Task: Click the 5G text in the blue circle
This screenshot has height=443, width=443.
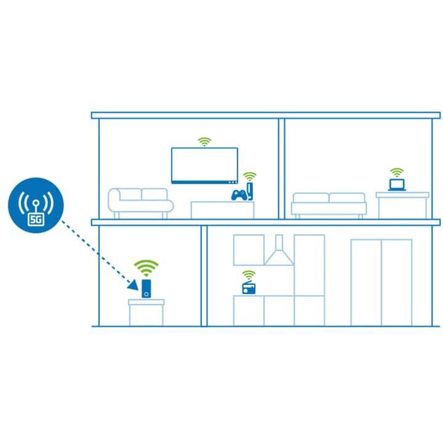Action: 36,220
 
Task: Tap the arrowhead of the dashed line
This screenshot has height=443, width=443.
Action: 134,285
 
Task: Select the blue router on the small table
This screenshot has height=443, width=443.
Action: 146,289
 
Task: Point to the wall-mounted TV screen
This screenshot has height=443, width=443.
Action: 204,166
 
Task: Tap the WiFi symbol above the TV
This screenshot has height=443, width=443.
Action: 204,142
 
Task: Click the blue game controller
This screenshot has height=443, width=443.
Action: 239,195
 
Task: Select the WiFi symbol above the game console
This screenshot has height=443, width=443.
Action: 249,177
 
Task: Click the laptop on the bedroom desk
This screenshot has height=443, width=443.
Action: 397,185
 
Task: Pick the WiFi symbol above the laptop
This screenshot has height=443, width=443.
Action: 397,172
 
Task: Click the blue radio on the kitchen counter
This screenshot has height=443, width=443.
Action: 249,287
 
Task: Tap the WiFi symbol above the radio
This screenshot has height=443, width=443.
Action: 249,275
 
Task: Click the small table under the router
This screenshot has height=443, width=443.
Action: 146,313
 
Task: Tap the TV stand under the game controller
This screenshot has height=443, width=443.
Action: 222,210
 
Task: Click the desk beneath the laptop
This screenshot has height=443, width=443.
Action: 402,206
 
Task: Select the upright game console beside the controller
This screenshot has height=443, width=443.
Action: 250,191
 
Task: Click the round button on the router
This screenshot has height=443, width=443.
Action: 146,294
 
